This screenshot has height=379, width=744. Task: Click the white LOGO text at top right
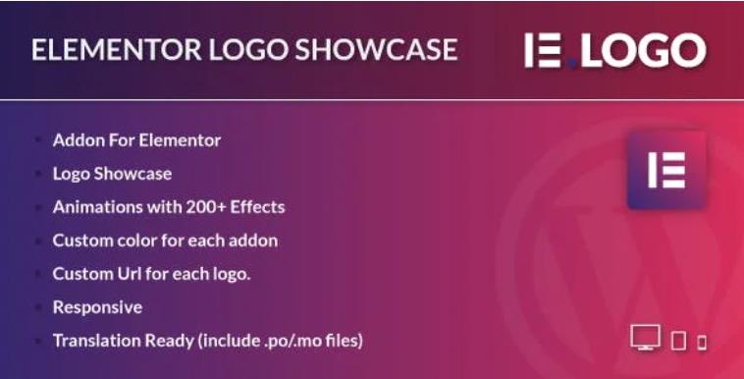642,50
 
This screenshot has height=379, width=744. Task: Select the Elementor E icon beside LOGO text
544,50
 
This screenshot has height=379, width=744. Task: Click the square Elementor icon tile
666,169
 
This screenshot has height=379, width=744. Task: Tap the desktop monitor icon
645,340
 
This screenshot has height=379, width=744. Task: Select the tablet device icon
678,342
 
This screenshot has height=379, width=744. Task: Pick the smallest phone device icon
702,343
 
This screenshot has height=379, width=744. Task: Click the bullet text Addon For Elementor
136,139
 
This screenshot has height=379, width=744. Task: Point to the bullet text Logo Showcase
112,173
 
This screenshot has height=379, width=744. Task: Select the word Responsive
97,306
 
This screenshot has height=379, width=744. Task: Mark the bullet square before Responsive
37,307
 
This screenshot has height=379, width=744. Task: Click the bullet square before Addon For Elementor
37,140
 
